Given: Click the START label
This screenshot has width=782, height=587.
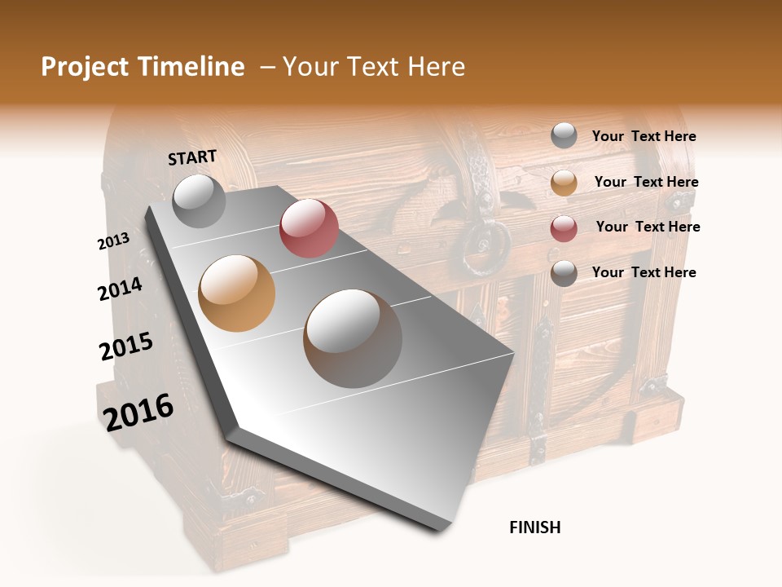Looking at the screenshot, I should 192,157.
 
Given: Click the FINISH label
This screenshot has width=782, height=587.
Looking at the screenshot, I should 534,527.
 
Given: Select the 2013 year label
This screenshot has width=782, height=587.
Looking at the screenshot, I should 113,241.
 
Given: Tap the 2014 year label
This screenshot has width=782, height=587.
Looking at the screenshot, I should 120,289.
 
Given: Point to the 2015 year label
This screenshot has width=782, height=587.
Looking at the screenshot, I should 126,346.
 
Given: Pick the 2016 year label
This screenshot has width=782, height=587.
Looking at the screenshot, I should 138,412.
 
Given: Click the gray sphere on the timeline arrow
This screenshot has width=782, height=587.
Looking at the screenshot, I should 200,201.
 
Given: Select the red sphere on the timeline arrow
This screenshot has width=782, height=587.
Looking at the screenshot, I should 309,228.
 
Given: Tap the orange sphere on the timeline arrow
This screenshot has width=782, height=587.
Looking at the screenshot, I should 237,293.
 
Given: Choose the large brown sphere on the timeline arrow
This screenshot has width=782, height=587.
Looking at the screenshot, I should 353,338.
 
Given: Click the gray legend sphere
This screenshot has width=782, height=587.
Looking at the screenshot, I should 564,136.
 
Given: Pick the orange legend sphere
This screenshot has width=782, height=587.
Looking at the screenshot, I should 564,183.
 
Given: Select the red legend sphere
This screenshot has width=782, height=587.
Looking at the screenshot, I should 564,228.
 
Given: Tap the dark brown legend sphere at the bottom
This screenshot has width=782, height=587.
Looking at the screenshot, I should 564,273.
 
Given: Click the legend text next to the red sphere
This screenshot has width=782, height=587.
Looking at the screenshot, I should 648,227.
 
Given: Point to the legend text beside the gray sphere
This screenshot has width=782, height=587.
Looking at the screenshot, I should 644,136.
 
